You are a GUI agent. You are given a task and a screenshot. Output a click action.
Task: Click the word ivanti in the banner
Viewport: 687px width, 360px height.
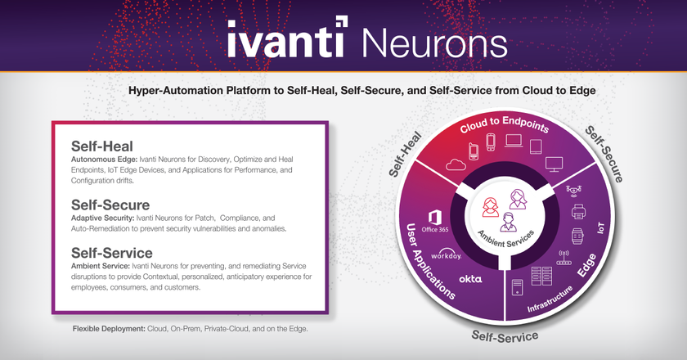click(x=287, y=38)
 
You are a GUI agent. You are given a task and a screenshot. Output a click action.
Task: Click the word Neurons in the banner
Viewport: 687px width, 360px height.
click(x=434, y=43)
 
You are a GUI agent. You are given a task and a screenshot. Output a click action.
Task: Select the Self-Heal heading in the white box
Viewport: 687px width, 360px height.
click(x=102, y=146)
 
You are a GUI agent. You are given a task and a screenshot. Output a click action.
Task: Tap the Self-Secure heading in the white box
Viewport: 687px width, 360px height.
click(x=110, y=205)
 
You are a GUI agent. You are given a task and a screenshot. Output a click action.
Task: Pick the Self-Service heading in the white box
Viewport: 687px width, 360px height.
click(x=112, y=253)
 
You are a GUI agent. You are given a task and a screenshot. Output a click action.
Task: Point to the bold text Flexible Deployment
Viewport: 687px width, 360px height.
click(x=109, y=328)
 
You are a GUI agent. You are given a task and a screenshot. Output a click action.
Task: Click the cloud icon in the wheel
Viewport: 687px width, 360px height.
click(x=456, y=164)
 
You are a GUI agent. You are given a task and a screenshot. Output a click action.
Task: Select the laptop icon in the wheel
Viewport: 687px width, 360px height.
click(x=514, y=141)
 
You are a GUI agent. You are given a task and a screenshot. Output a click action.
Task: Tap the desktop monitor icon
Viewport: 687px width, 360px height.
click(x=554, y=164)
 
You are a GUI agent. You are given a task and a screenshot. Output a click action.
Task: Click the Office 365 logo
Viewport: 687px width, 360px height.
click(x=434, y=221)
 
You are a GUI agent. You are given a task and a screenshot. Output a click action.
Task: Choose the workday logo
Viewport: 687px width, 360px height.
click(x=446, y=254)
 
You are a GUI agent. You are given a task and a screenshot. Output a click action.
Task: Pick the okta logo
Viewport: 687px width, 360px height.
click(x=470, y=279)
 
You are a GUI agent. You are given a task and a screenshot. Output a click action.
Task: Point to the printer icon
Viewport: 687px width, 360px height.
click(x=578, y=212)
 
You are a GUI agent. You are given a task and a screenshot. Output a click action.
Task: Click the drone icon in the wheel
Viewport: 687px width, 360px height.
click(x=573, y=190)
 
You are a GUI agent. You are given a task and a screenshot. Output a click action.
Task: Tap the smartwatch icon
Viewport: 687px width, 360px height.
click(x=577, y=236)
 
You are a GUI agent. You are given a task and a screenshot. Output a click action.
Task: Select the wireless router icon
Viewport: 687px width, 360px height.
click(x=564, y=258)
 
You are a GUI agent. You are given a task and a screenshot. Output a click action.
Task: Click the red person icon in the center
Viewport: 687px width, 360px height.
click(x=490, y=207)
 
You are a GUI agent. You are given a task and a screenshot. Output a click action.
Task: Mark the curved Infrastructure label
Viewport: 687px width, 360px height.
click(x=550, y=299)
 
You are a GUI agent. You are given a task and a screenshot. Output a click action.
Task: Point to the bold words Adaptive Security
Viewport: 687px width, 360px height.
click(x=102, y=218)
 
